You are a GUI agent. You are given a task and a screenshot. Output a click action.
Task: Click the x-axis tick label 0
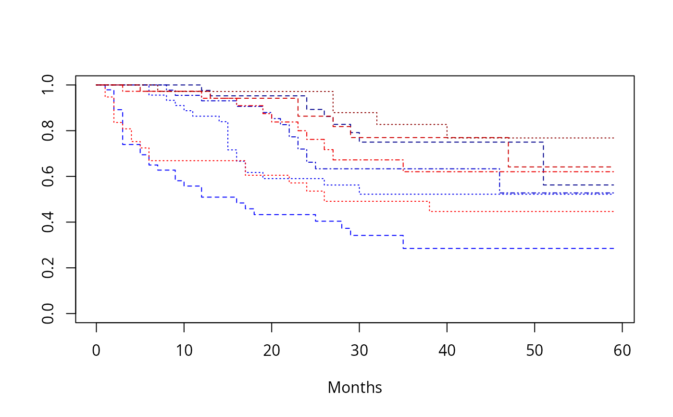click(x=97, y=351)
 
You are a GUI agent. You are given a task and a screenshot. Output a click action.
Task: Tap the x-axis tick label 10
click(x=184, y=351)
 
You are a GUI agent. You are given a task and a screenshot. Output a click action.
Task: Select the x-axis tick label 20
click(x=272, y=351)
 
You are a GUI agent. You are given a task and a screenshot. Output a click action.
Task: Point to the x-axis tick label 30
click(x=360, y=351)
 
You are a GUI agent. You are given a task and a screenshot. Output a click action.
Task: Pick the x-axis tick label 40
click(x=447, y=351)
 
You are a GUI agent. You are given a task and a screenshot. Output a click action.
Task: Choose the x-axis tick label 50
click(x=535, y=351)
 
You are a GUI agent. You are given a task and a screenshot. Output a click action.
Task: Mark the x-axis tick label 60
click(x=622, y=351)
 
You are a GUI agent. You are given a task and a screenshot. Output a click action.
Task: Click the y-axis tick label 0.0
click(x=48, y=313)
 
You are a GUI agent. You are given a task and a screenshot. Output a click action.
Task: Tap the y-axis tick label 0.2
click(x=48, y=268)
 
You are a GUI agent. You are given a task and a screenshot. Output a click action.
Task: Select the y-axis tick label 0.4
click(x=48, y=222)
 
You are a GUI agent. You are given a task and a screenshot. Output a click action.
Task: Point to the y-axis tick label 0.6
click(x=48, y=176)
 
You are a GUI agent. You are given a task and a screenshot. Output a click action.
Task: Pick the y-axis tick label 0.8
click(x=48, y=130)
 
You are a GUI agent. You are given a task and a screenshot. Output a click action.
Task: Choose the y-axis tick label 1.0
click(x=48, y=85)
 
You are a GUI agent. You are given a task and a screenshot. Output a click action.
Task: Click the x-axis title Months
click(x=355, y=388)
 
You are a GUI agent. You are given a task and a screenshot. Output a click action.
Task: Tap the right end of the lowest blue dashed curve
click(x=613, y=248)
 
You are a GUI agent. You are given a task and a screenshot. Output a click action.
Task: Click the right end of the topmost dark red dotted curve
click(x=613, y=138)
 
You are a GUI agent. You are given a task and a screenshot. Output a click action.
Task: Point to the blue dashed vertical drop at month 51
click(x=543, y=164)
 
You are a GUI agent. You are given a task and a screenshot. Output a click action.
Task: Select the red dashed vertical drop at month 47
click(x=508, y=152)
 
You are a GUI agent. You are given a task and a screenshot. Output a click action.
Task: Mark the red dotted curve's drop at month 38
click(x=429, y=206)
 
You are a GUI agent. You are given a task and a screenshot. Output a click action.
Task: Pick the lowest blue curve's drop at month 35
click(x=403, y=242)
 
